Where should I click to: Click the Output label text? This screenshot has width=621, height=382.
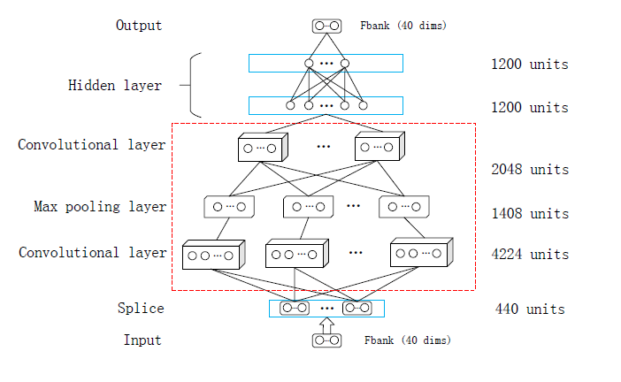click(x=139, y=25)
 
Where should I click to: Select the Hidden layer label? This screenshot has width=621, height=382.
click(x=115, y=86)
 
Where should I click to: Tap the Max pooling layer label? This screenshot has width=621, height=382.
click(x=100, y=207)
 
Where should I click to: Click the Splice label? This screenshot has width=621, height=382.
click(x=141, y=309)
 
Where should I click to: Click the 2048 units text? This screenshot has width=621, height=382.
click(x=529, y=169)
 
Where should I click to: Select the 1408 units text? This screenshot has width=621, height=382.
click(x=529, y=213)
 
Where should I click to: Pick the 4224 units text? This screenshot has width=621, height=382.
click(x=529, y=254)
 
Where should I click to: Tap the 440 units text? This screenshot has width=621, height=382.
click(x=529, y=309)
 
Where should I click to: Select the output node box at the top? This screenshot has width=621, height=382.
click(x=326, y=26)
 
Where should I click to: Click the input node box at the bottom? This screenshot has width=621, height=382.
click(x=326, y=340)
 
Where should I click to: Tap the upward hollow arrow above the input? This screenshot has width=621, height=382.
click(x=326, y=325)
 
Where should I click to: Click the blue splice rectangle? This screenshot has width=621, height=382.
click(x=326, y=309)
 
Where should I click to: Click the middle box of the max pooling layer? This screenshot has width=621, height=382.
click(x=309, y=207)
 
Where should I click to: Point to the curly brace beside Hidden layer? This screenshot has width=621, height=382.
click(x=196, y=86)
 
